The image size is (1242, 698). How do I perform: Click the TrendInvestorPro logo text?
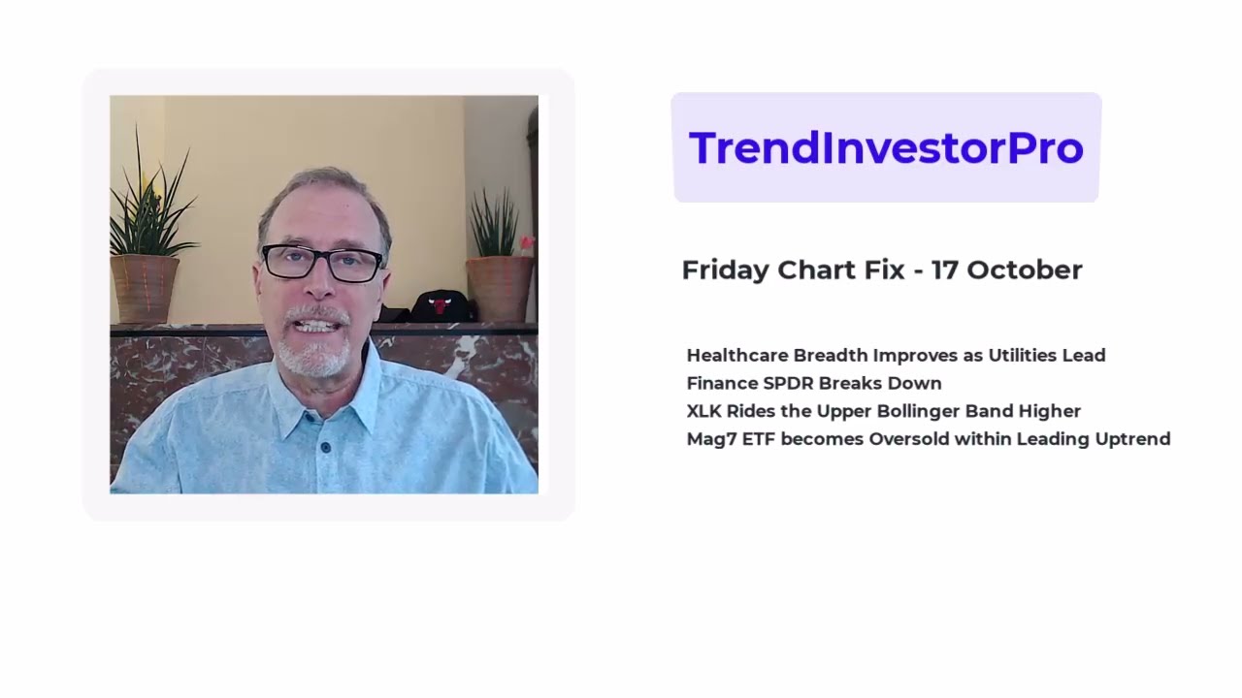click(885, 147)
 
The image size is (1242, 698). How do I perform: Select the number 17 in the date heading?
click(944, 270)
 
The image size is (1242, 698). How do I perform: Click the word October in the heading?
click(1024, 270)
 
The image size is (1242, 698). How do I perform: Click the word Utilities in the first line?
click(1022, 356)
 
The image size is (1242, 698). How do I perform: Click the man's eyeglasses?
click(323, 263)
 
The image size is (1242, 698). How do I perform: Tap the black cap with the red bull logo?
click(440, 305)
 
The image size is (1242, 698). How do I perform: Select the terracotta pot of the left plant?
click(145, 288)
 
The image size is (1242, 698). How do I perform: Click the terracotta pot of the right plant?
click(499, 287)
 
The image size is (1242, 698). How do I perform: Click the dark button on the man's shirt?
click(324, 447)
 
